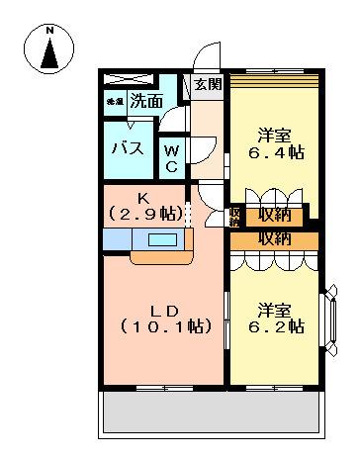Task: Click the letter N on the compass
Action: coord(50,31)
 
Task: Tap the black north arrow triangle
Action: coord(50,55)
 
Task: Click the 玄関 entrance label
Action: coord(207,83)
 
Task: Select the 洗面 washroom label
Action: coord(147,100)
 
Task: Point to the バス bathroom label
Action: coord(127,149)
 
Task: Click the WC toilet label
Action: coord(171,158)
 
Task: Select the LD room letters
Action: coord(163,305)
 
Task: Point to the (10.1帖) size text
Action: coord(165,325)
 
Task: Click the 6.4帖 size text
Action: coord(275,154)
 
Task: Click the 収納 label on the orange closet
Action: coord(275,238)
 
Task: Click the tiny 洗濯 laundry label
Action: coord(114,101)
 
